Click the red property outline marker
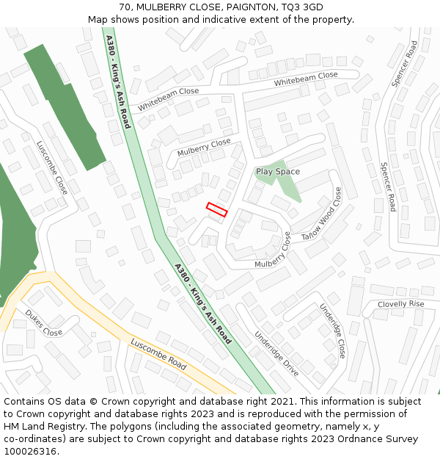point(217,209)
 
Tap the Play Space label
point(277,172)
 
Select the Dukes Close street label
point(43,322)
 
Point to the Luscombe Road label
point(158,354)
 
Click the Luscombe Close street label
point(52,167)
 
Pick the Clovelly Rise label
point(400,304)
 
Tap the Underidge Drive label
point(276,353)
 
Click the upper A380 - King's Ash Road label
point(118,82)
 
